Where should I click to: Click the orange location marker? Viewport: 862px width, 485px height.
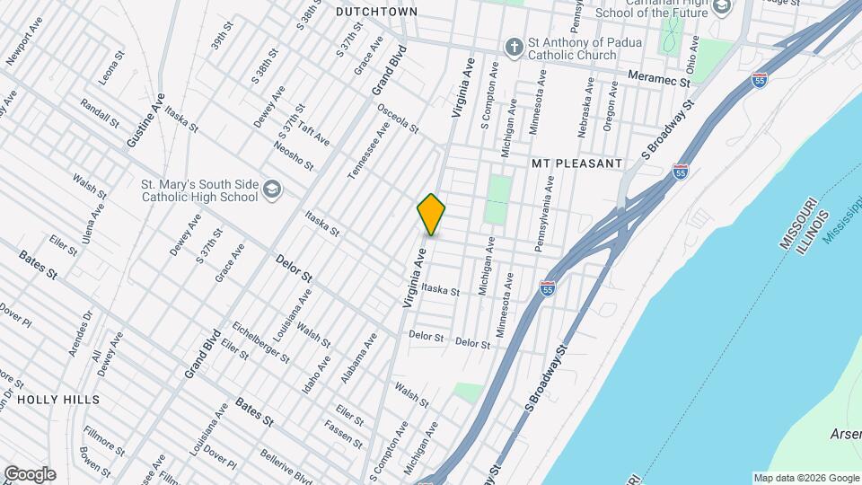point(431,215)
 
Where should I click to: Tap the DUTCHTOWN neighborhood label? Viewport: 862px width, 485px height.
point(376,12)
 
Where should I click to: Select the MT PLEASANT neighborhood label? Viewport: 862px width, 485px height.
point(576,163)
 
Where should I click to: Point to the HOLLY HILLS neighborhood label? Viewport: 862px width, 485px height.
point(58,399)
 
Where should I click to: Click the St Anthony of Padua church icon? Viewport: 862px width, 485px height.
point(514,47)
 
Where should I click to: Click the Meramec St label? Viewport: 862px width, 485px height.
point(659,79)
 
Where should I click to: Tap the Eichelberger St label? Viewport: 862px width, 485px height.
point(260,342)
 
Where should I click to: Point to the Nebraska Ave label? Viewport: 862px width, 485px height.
point(585,106)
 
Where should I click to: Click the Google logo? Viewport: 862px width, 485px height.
point(29,473)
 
